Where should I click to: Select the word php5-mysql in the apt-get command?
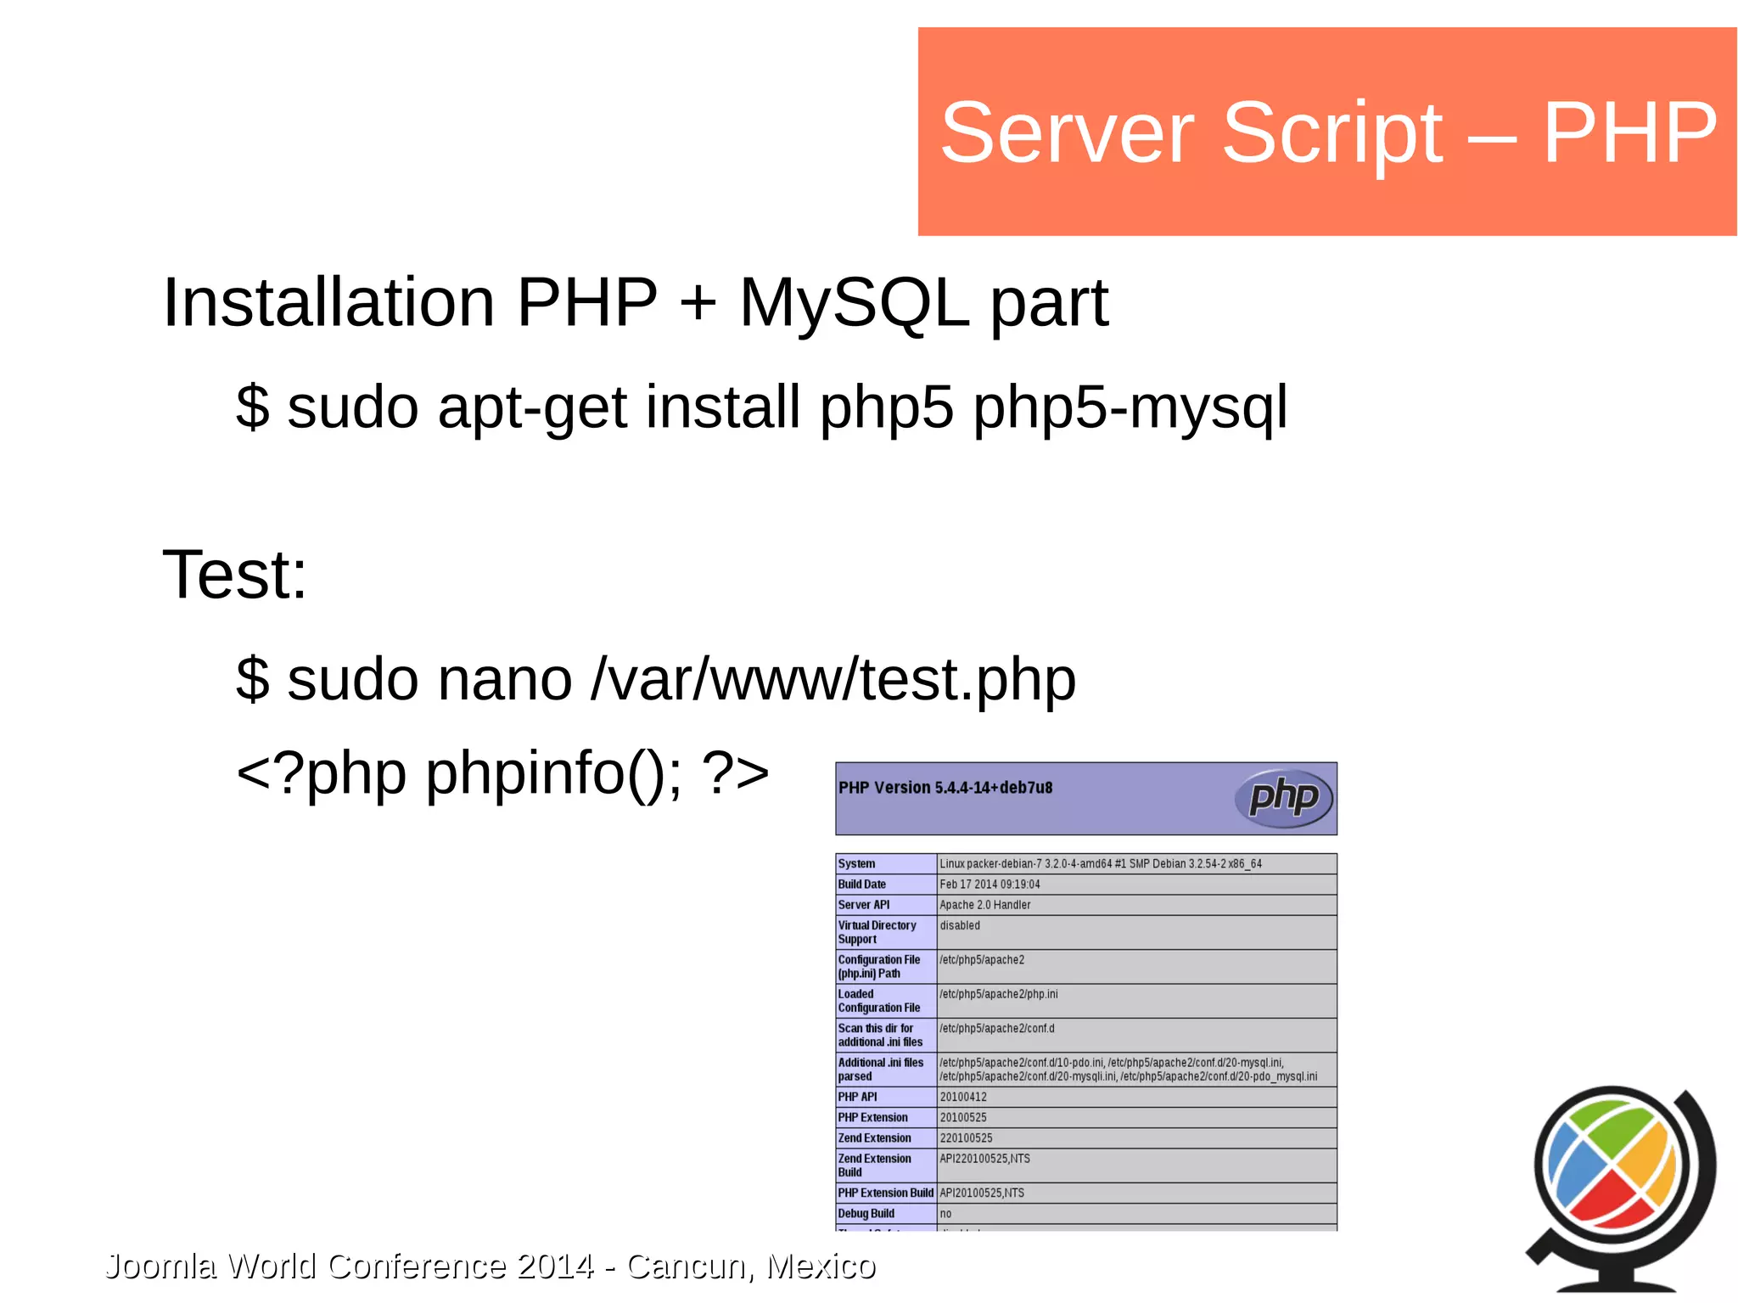[1130, 407]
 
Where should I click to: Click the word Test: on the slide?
[234, 575]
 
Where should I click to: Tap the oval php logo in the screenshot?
[1283, 798]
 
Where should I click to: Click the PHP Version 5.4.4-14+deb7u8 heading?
[945, 788]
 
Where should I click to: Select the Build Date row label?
[861, 885]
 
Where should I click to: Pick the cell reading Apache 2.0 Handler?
[984, 905]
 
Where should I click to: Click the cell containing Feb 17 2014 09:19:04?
[990, 885]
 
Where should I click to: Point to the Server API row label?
[863, 905]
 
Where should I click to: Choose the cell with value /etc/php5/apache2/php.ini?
[998, 994]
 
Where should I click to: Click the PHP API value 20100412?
[963, 1097]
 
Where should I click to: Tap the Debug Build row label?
[866, 1214]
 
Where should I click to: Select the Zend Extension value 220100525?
[966, 1138]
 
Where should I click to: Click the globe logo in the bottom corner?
[1620, 1184]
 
